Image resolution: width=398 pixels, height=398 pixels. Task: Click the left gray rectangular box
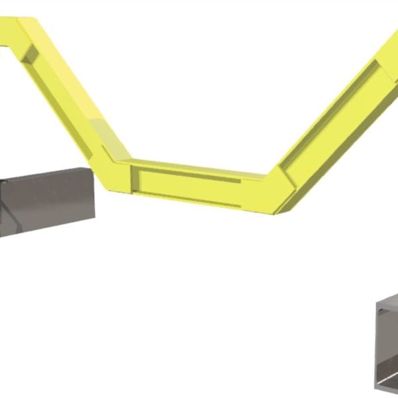46,202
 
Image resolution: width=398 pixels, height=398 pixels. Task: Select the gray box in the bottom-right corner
388,345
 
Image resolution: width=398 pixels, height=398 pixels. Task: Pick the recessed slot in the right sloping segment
338,119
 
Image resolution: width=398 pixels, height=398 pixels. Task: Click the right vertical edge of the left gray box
94,192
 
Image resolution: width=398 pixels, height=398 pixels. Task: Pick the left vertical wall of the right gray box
379,345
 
